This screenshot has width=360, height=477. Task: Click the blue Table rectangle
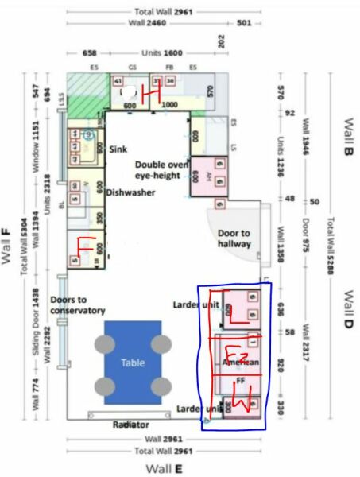click(133, 363)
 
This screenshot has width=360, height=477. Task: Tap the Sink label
click(118, 149)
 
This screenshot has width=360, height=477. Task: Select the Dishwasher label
click(130, 192)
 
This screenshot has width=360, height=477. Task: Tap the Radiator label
click(130, 425)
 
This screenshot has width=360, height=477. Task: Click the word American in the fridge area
click(242, 363)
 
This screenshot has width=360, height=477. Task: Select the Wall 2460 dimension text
click(164, 24)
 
